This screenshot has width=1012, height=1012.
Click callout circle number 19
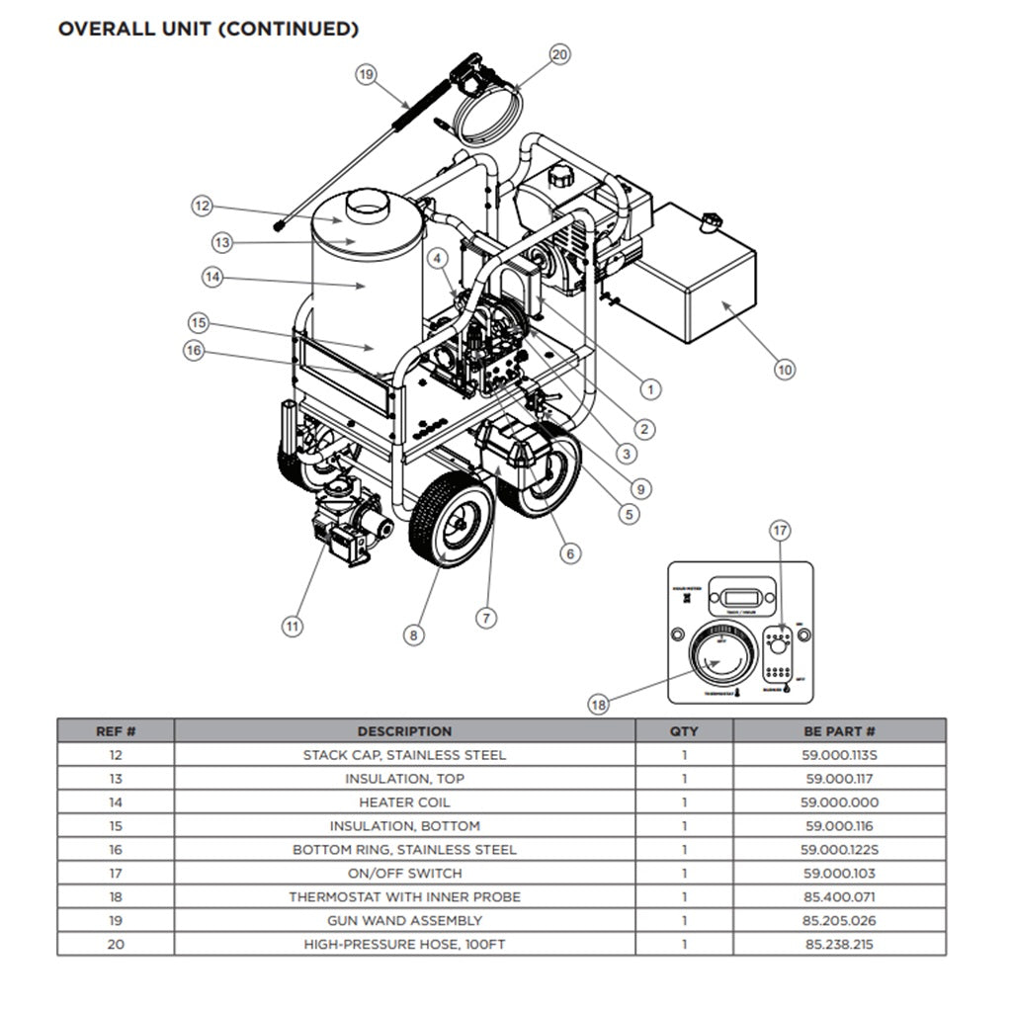pyautogui.click(x=367, y=74)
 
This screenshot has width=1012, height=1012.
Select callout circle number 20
pyautogui.click(x=559, y=55)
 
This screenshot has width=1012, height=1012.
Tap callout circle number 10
pyautogui.click(x=784, y=370)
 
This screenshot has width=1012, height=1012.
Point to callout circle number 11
pyautogui.click(x=292, y=625)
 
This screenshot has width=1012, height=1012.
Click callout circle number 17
pyautogui.click(x=780, y=531)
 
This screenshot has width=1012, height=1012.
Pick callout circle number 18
pyautogui.click(x=598, y=705)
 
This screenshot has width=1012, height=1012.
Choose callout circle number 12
pyautogui.click(x=202, y=206)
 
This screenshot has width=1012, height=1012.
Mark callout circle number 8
pyautogui.click(x=414, y=635)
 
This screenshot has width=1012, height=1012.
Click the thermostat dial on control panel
pyautogui.click(x=720, y=656)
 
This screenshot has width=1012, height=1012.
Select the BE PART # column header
pyautogui.click(x=839, y=731)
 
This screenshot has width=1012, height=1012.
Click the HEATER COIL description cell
pyautogui.click(x=404, y=802)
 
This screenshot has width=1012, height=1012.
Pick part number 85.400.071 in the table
pyautogui.click(x=839, y=897)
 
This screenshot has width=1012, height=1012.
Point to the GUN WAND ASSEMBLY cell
pyautogui.click(x=404, y=921)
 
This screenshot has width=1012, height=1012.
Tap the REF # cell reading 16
pyautogui.click(x=116, y=850)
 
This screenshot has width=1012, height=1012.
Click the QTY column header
pyautogui.click(x=683, y=731)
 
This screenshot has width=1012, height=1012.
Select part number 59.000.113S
pyautogui.click(x=839, y=755)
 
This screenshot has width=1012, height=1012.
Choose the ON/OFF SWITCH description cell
pyautogui.click(x=404, y=874)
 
